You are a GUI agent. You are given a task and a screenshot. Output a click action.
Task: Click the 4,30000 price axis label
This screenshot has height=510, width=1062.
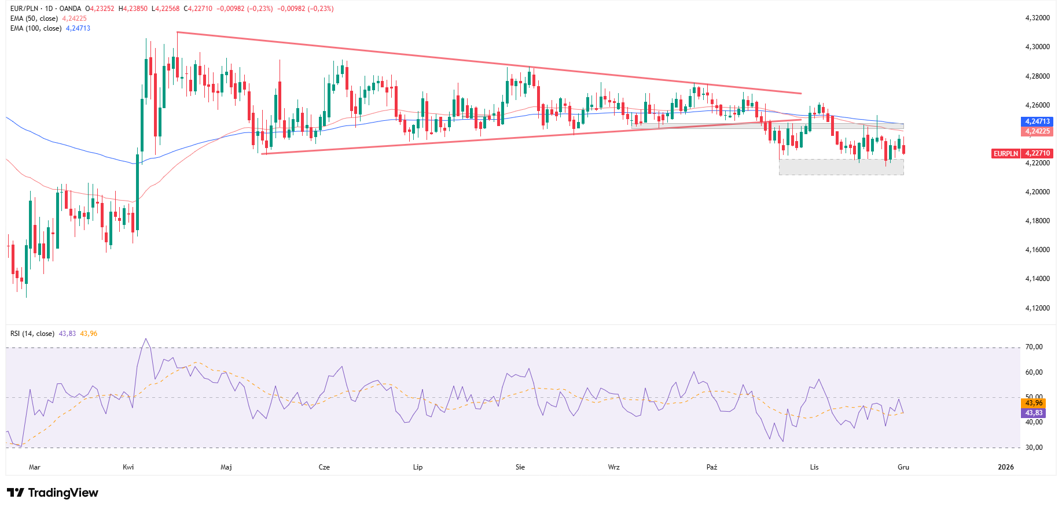tap(1037, 47)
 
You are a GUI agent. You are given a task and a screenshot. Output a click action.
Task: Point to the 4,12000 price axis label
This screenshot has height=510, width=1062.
tap(1037, 308)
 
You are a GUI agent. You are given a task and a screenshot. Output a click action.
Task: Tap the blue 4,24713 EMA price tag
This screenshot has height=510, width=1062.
tap(1037, 121)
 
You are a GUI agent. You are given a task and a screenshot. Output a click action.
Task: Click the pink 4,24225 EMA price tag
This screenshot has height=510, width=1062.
tap(1037, 131)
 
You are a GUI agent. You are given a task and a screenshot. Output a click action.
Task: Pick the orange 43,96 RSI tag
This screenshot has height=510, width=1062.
tap(1034, 403)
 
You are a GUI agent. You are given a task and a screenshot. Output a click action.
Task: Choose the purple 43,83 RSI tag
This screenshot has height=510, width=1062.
tap(1034, 413)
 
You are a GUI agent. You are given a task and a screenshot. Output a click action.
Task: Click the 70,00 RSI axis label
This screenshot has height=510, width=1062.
tap(1034, 347)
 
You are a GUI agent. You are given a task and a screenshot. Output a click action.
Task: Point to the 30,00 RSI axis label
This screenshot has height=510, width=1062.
tap(1034, 448)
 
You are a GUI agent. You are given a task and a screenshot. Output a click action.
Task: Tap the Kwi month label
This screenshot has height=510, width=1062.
tap(128, 467)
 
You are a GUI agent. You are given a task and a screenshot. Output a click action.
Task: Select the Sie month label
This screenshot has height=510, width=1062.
tap(520, 467)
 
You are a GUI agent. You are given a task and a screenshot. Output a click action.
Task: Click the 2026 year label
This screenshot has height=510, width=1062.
tap(1006, 467)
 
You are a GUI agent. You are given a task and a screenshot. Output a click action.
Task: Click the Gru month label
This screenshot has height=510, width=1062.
tap(903, 467)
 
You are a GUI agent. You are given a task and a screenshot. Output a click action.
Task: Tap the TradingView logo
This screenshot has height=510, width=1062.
tap(53, 493)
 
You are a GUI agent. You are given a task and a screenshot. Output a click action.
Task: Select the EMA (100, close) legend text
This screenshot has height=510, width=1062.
tap(36, 28)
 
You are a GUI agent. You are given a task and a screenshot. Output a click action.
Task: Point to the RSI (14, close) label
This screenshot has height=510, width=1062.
tap(32, 334)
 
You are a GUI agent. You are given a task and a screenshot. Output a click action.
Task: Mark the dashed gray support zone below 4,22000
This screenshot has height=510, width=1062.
tap(841, 167)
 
